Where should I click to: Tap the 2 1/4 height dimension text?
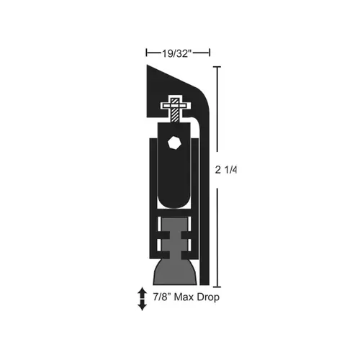coord(226,171)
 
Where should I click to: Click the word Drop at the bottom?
coord(205,297)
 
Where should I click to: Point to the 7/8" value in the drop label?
coord(160,297)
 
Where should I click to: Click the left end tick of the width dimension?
coord(146,52)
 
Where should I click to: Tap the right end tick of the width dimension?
coord(210,52)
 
